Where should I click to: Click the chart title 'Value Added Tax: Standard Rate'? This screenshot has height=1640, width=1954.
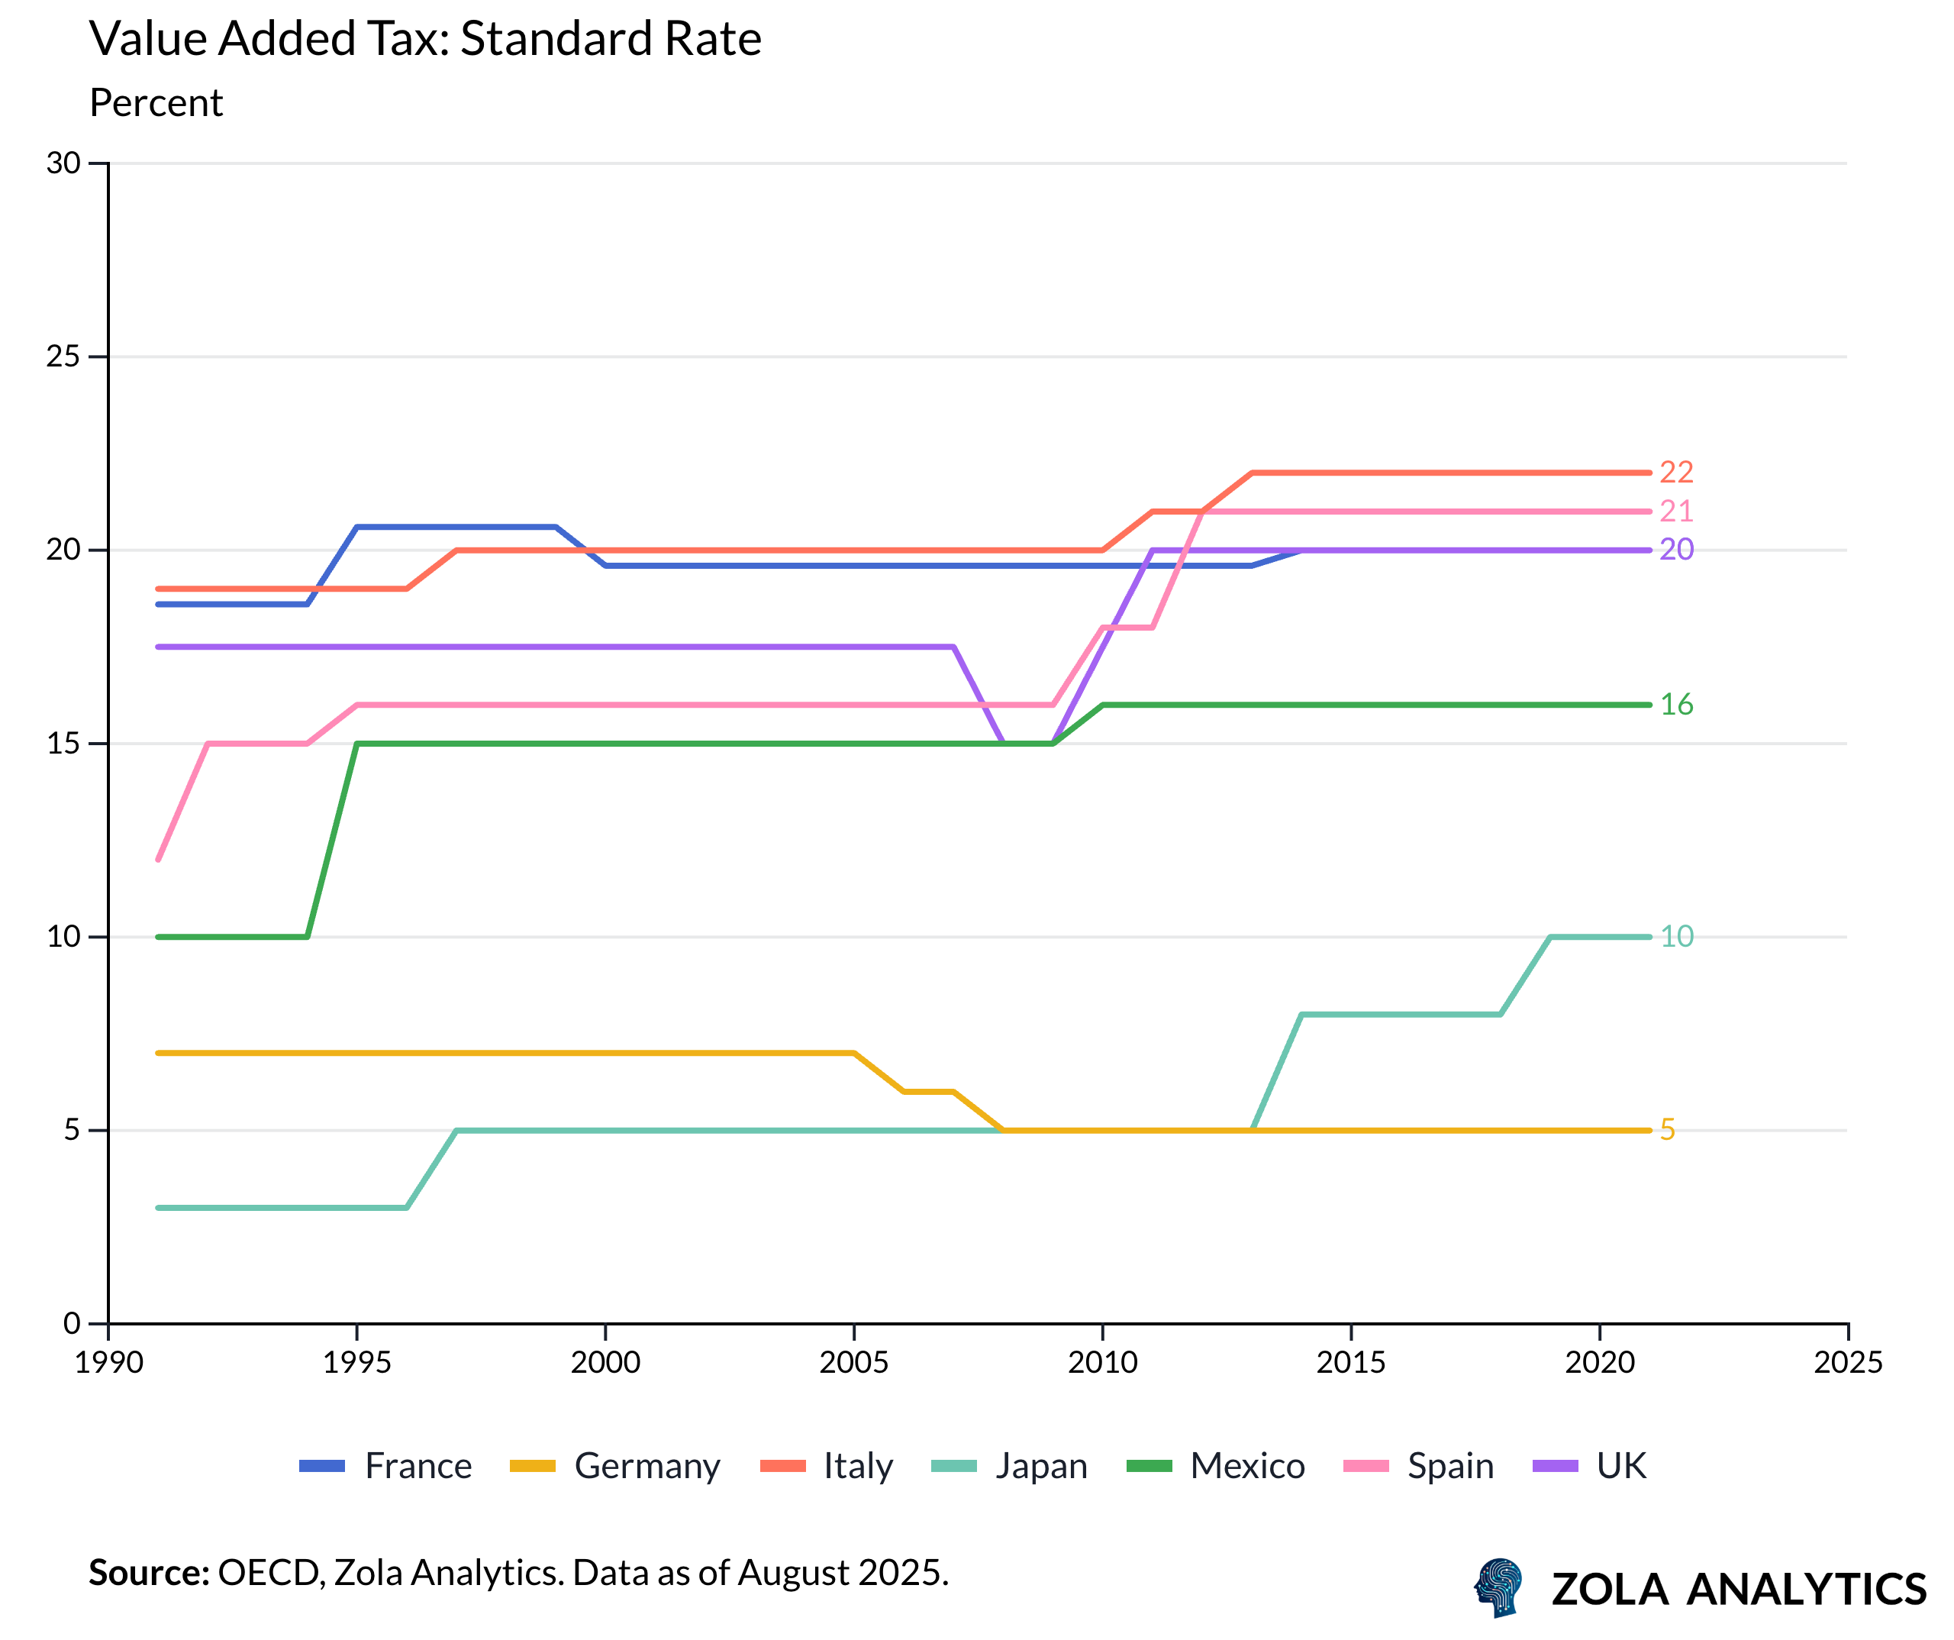tap(425, 39)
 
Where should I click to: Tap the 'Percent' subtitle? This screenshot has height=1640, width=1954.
tap(156, 102)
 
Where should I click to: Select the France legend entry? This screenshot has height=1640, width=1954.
tap(386, 1466)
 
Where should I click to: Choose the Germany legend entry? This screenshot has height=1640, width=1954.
tap(615, 1466)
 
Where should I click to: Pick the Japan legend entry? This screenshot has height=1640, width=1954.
tap(1010, 1466)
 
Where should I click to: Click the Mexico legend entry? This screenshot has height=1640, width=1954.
tap(1215, 1466)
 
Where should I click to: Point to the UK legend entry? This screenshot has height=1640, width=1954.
tap(1589, 1466)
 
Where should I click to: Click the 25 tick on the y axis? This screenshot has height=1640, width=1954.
tap(63, 357)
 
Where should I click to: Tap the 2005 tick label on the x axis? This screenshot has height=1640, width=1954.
tap(853, 1363)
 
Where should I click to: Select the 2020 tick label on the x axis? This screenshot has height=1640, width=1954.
tap(1600, 1363)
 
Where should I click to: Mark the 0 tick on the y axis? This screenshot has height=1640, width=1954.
tap(72, 1324)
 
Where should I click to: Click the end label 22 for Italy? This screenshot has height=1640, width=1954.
tap(1676, 473)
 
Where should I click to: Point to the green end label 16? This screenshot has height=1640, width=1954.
tap(1676, 705)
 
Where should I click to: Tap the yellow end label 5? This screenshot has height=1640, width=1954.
tap(1668, 1130)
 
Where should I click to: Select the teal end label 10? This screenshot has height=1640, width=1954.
tap(1676, 936)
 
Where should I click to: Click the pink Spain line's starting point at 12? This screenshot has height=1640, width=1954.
tap(159, 858)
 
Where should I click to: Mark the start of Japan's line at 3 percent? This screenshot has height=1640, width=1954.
tap(159, 1207)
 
